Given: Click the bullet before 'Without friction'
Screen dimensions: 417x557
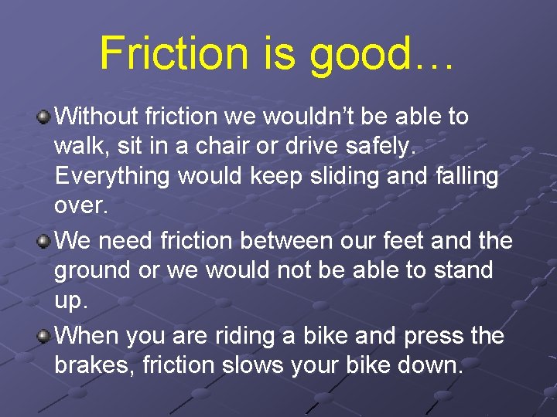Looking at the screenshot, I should tap(46, 117).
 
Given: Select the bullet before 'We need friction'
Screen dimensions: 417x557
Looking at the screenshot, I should tap(46, 242).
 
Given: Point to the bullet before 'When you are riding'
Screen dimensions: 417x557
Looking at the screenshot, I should tap(46, 337).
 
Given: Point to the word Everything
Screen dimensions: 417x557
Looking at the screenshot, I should tap(112, 176).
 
